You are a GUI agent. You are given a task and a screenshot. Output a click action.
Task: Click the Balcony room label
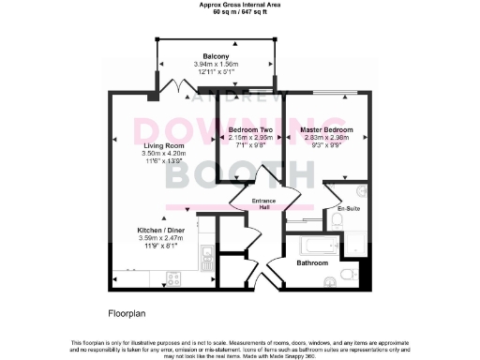[x=217, y=56]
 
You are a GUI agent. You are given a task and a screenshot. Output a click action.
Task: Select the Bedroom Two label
[x=250, y=128]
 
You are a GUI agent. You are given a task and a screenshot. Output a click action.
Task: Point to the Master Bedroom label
[x=326, y=128]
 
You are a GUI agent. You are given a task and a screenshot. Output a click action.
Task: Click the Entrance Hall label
[x=259, y=203]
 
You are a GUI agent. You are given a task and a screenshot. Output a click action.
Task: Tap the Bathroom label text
[x=311, y=263]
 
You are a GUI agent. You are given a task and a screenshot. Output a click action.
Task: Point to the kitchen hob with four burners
[x=174, y=277]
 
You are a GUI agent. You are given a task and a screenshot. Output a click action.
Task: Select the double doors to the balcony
[x=174, y=88]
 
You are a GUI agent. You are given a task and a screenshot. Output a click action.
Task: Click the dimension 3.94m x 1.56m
[x=217, y=64]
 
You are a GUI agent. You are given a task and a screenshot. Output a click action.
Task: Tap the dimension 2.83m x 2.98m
[x=326, y=137]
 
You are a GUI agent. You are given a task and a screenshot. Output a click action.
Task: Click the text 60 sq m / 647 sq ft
[x=239, y=11]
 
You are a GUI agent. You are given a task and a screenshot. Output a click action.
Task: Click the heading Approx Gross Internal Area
[x=239, y=5]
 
